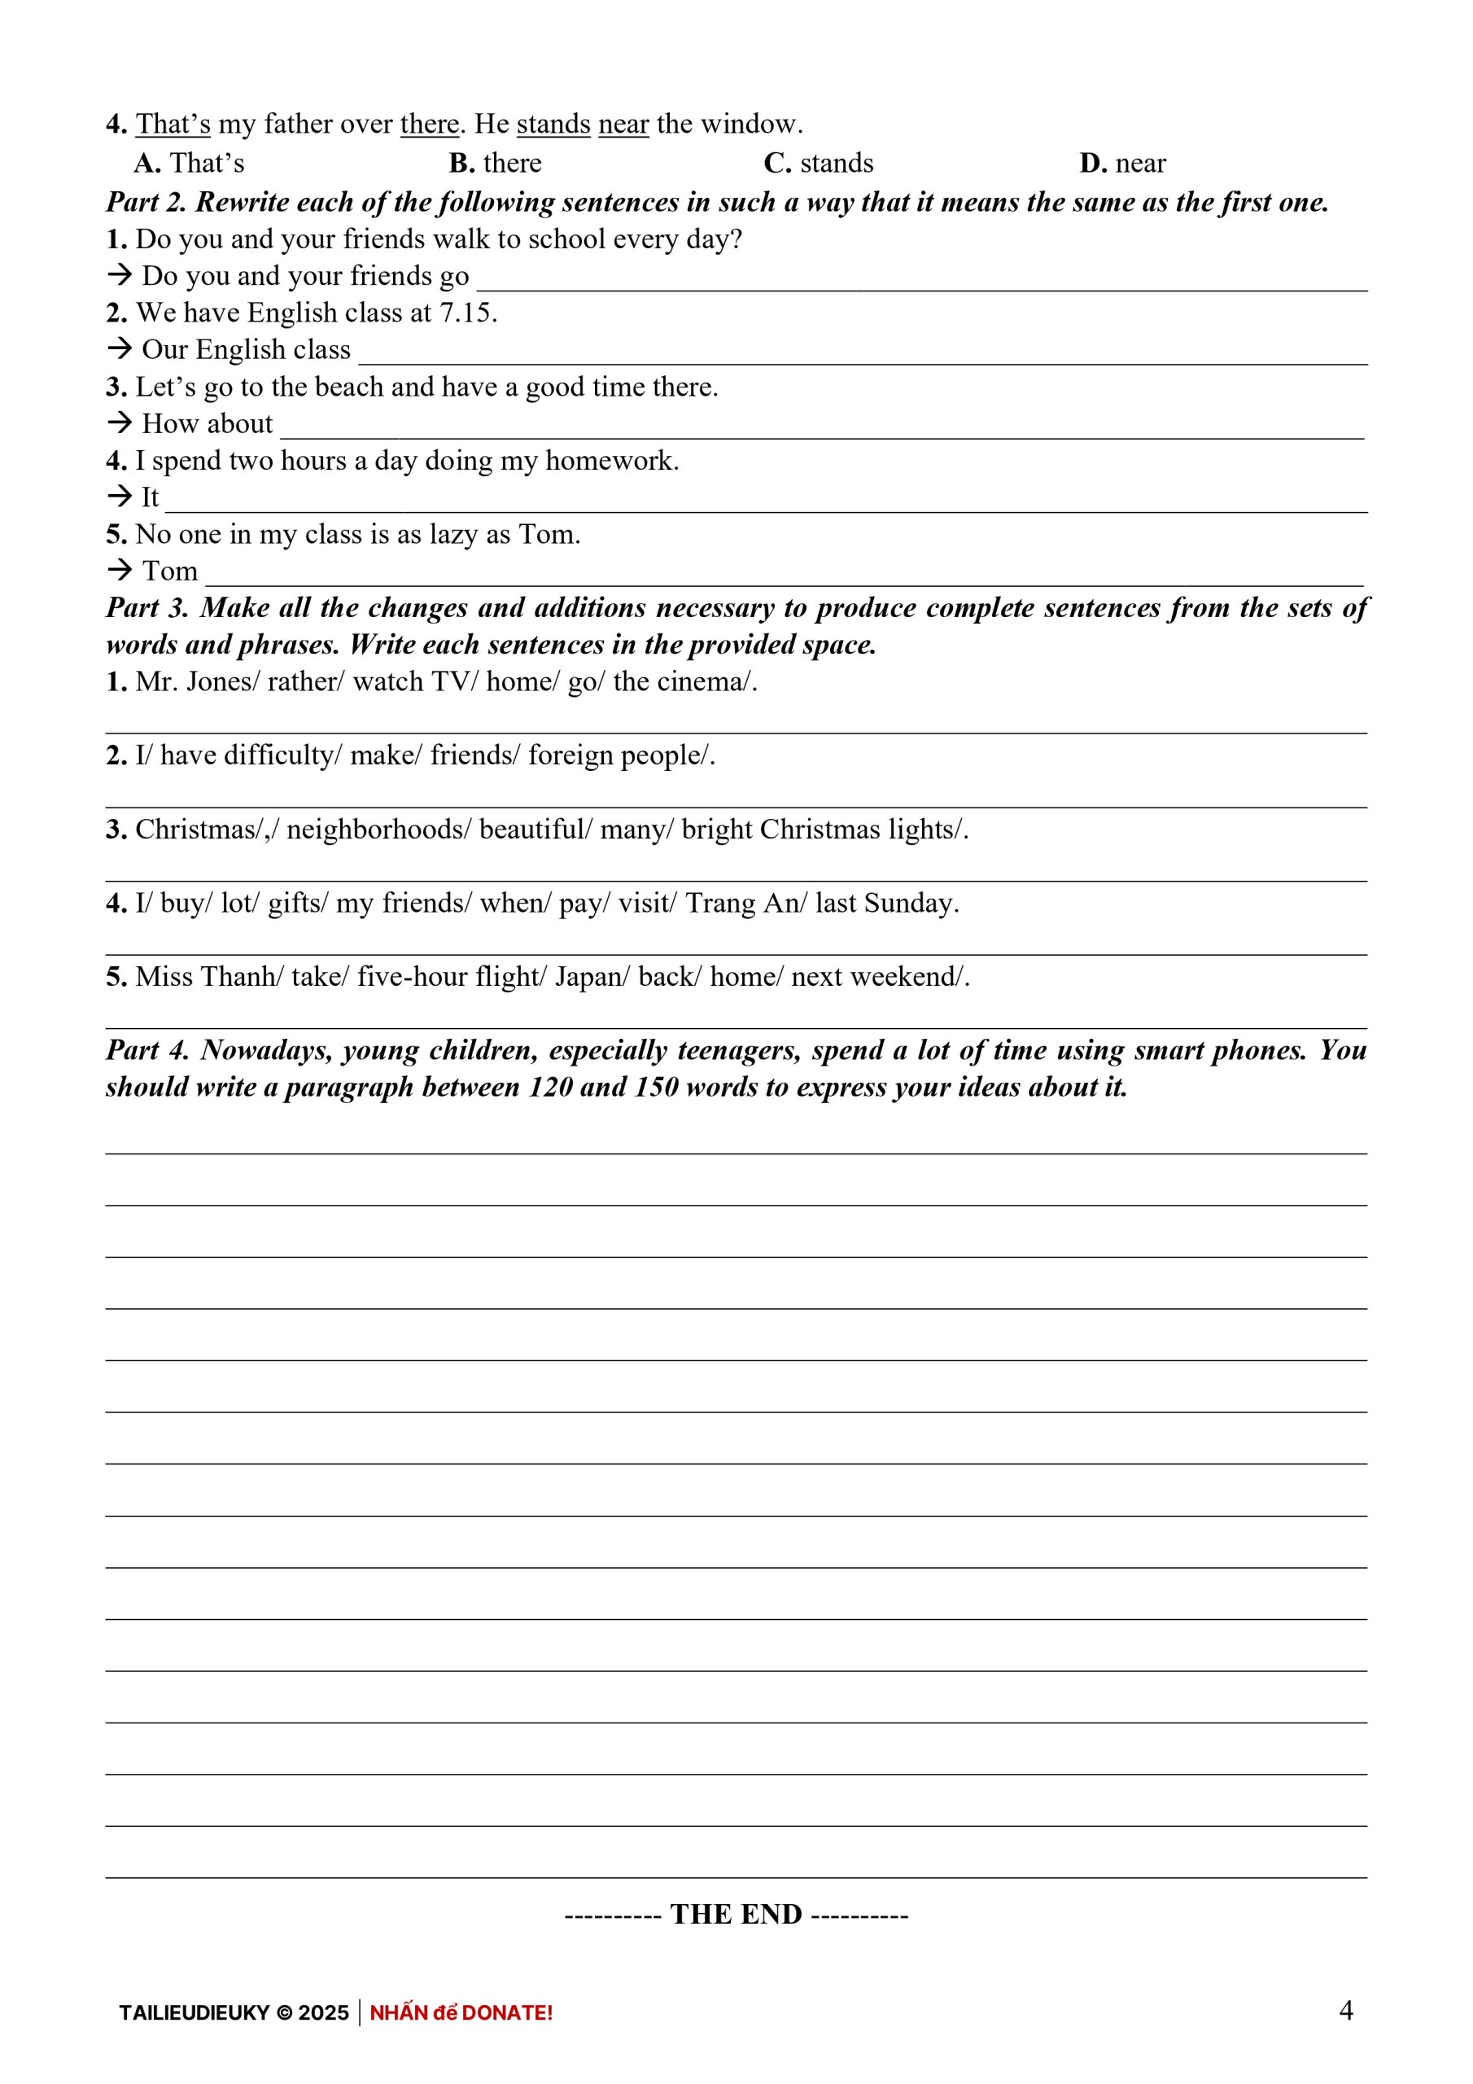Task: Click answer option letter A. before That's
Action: point(147,164)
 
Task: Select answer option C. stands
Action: point(818,164)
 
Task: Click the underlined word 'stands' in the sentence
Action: point(553,125)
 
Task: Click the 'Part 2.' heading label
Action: point(146,203)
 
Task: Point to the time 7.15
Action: point(466,313)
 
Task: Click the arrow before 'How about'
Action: point(120,423)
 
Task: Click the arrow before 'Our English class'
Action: point(120,349)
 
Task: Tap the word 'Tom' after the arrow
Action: point(170,571)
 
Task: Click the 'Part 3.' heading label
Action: point(148,608)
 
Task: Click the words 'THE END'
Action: point(736,1914)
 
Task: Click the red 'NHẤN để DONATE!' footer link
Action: point(461,2012)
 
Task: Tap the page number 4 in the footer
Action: point(1346,2011)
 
